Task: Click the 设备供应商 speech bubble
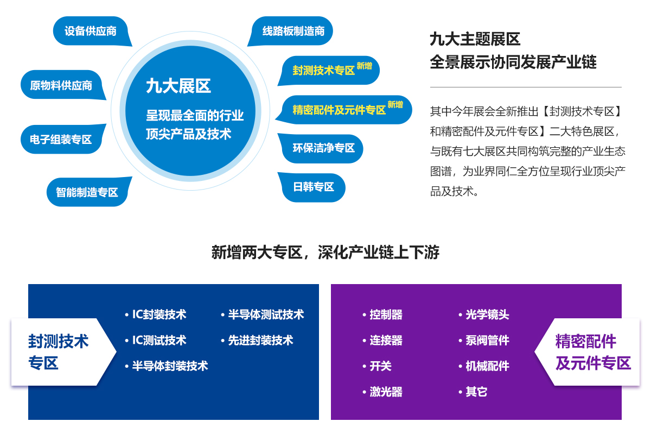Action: point(91,31)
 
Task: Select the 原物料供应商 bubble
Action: point(62,85)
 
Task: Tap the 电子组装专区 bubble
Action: point(62,139)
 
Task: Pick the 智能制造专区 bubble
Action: point(88,192)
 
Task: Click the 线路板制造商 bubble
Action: point(291,31)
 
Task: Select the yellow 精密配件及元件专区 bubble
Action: point(344,110)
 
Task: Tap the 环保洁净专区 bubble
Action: point(321,148)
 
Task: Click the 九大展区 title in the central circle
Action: point(178,86)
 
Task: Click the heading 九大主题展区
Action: point(475,39)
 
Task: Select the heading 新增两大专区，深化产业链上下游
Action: point(325,252)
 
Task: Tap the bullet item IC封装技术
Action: point(156,315)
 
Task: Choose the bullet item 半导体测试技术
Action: point(262,315)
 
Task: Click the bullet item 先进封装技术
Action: point(257,340)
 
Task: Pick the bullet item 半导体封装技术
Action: point(166,366)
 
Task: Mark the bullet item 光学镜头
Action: point(483,315)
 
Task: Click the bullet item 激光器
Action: point(382,392)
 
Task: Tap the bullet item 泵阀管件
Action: point(483,340)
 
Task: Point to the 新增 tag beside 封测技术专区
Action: point(364,66)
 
